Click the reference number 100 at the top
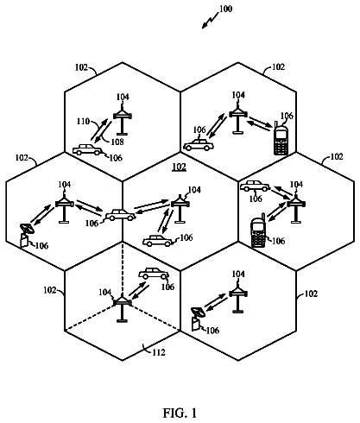(225, 9)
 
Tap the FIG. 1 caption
(180, 413)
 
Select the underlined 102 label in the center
(179, 167)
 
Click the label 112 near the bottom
(159, 352)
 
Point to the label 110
(83, 122)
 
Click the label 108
(117, 142)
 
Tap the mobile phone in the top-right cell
(281, 139)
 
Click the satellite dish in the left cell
(27, 235)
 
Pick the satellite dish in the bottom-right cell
(198, 319)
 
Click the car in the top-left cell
(87, 150)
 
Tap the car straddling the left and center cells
(120, 215)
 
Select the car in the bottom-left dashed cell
(154, 274)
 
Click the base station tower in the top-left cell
(123, 119)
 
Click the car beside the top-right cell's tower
(199, 145)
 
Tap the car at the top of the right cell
(256, 186)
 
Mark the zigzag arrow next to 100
(210, 21)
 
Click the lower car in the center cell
(158, 241)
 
